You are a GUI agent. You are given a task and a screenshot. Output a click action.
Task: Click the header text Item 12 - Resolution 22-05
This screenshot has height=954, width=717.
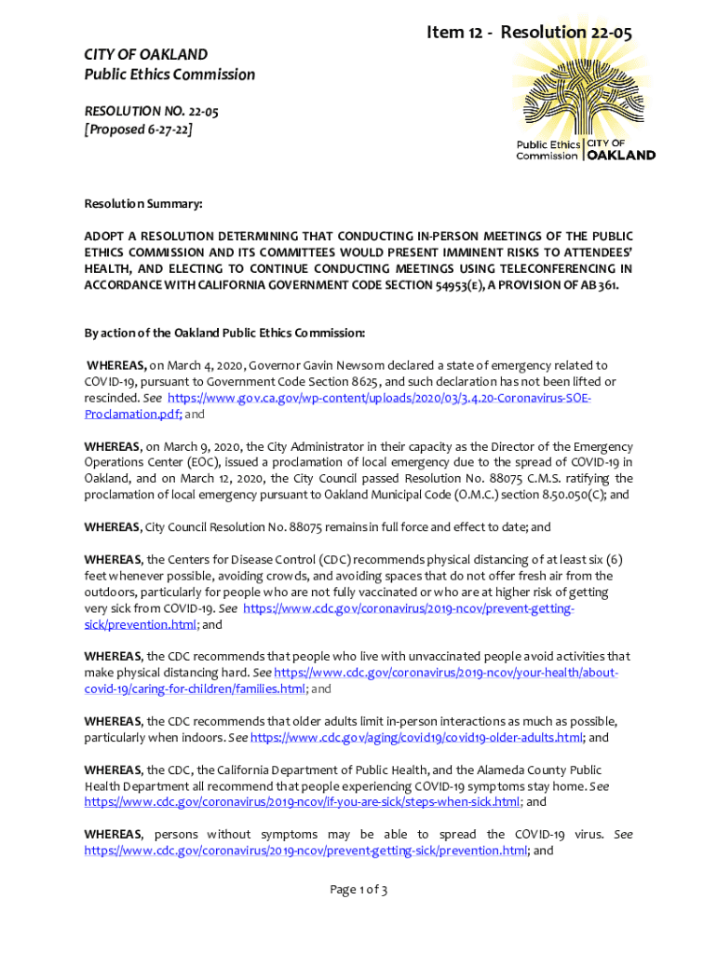pyautogui.click(x=529, y=33)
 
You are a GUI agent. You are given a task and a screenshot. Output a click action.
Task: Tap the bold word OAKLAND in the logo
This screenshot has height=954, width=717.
pyautogui.click(x=622, y=156)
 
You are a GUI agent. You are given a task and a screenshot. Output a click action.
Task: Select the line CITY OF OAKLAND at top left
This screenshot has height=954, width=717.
pyautogui.click(x=146, y=54)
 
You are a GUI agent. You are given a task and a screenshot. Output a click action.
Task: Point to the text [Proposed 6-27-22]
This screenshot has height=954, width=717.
pyautogui.click(x=139, y=129)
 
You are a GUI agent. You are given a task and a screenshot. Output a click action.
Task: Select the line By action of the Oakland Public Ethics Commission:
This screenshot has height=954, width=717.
pyautogui.click(x=224, y=333)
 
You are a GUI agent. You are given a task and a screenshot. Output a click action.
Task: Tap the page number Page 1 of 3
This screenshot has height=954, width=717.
pyautogui.click(x=358, y=890)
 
